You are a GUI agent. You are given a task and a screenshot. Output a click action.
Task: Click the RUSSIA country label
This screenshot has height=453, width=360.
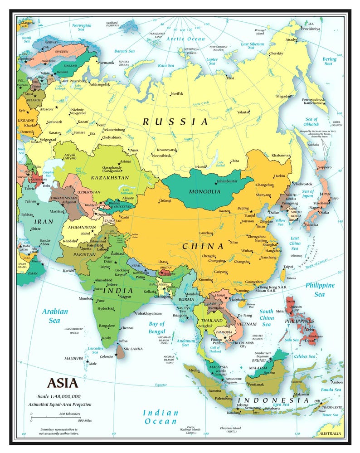point(175,122)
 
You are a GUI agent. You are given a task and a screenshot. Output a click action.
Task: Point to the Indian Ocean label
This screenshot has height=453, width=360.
point(160,417)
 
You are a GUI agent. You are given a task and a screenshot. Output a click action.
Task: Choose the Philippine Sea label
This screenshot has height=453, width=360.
point(320,289)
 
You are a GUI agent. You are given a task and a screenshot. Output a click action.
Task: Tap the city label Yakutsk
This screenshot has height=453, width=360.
point(243,112)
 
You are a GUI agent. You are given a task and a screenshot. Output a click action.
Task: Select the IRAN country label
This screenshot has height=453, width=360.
point(44,222)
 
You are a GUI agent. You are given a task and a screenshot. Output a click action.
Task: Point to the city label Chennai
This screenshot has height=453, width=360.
point(127,327)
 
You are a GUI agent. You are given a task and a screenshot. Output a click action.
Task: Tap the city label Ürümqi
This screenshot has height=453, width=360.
point(165,200)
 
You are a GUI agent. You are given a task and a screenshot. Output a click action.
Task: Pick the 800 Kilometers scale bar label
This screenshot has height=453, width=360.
point(69,414)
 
